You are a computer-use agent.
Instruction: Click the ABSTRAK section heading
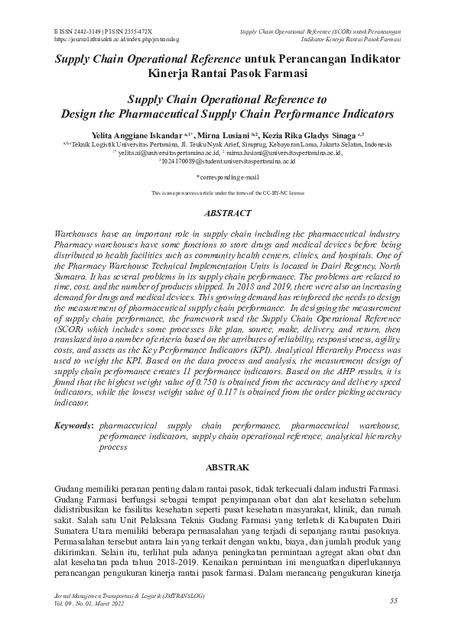click(226, 465)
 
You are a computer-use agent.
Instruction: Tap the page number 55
click(393, 600)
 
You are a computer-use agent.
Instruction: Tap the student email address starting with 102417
click(227, 161)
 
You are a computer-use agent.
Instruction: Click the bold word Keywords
click(74, 424)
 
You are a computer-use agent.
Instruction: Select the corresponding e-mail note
click(227, 176)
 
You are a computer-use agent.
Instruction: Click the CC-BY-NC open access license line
click(227, 194)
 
